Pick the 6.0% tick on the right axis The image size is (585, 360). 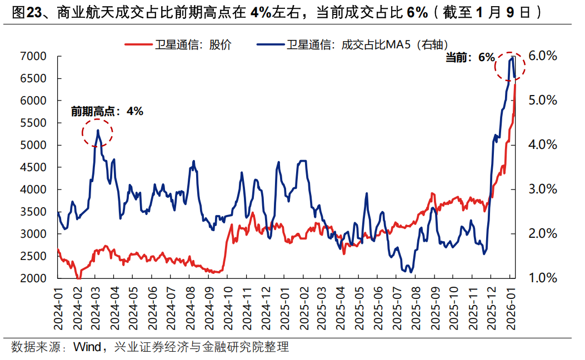click(541, 56)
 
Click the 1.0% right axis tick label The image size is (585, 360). click(541, 278)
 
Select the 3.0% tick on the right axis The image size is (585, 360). click(541, 189)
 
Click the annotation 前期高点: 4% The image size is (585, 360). click(107, 111)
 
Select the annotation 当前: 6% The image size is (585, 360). click(470, 57)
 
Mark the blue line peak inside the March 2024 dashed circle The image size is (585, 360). click(98, 131)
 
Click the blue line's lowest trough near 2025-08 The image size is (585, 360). click(411, 272)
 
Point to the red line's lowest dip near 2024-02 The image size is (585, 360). click(79, 277)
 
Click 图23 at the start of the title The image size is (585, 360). click(23, 12)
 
